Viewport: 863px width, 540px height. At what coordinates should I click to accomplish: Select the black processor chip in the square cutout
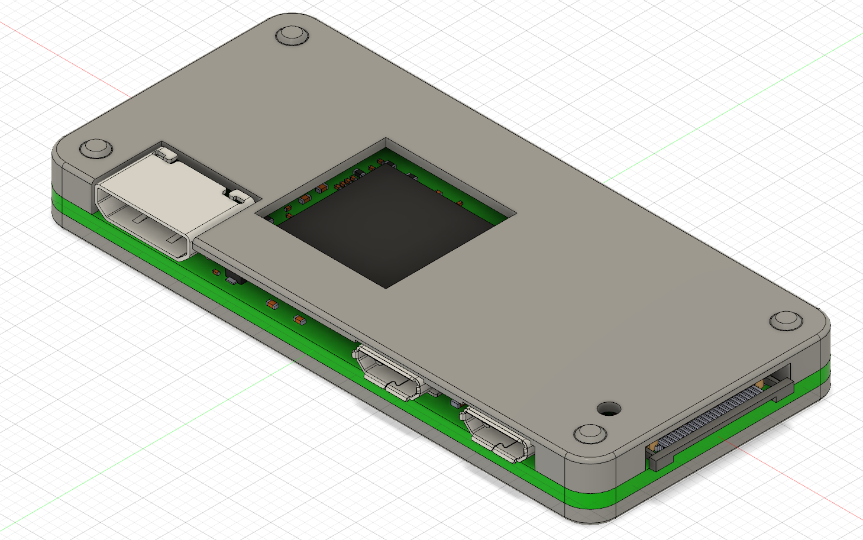[x=384, y=225]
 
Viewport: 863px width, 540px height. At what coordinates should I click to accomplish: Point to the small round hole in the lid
[x=609, y=408]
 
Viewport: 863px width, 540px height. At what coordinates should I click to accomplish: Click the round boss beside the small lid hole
[x=590, y=434]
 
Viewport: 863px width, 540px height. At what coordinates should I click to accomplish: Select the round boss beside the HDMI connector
[x=96, y=148]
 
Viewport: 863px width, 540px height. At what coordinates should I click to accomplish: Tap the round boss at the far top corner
[x=292, y=35]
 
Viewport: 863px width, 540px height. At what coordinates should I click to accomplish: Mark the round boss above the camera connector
[x=786, y=321]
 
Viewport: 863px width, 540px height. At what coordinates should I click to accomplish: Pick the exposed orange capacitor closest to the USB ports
[x=300, y=320]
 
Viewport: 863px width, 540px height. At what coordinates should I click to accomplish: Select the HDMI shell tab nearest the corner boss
[x=166, y=154]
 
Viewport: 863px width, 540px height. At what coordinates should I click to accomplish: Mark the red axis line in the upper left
[x=59, y=53]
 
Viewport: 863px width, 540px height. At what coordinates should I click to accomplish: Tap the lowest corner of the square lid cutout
[x=386, y=288]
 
